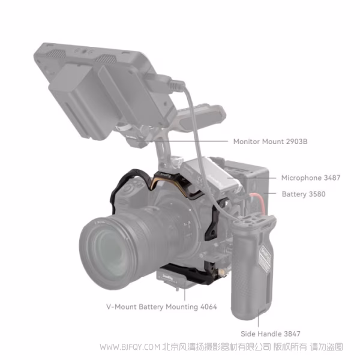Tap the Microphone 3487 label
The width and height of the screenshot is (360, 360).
(311, 178)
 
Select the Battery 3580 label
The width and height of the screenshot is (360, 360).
(304, 194)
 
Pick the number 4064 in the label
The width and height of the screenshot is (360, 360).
(207, 307)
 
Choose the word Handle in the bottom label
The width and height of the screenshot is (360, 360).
(271, 334)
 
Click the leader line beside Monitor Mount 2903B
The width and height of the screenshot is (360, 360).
(213, 142)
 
